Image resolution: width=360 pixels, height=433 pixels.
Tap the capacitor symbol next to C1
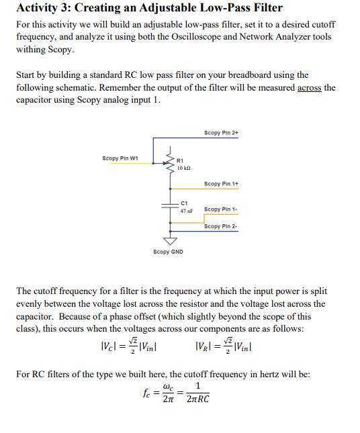pos(166,205)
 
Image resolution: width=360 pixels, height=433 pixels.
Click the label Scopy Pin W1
pos(120,158)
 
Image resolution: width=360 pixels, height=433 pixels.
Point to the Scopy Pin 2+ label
pos(221,133)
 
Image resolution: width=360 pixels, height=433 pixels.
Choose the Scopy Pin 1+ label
pos(221,183)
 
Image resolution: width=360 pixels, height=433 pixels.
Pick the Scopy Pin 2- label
pos(221,226)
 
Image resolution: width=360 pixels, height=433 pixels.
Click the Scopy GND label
pos(168,252)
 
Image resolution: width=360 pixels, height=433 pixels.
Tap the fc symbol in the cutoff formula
pos(142,391)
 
